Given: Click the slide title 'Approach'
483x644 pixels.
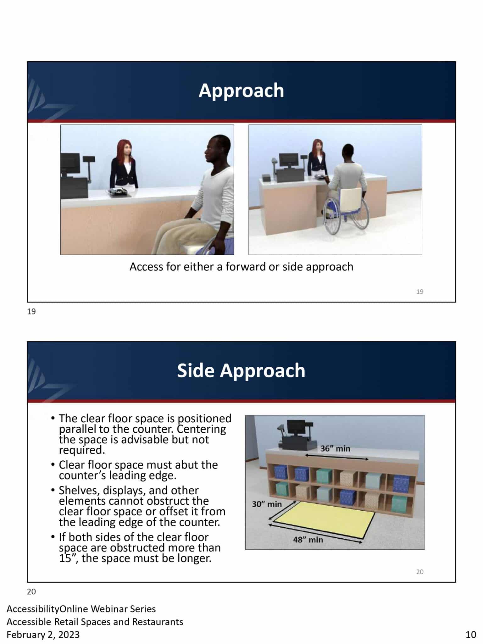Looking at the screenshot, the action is click(241, 91).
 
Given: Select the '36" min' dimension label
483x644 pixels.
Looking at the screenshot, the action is click(335, 448).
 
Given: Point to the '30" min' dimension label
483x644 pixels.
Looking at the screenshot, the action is click(267, 504).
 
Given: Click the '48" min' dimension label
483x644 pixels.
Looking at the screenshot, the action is click(308, 540).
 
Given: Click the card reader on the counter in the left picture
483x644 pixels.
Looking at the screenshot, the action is click(119, 192).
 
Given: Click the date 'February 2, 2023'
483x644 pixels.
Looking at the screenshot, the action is click(43, 635).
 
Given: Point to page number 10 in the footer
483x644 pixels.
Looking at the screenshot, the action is click(471, 635).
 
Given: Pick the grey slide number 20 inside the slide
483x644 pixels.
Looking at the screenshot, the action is click(420, 572).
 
